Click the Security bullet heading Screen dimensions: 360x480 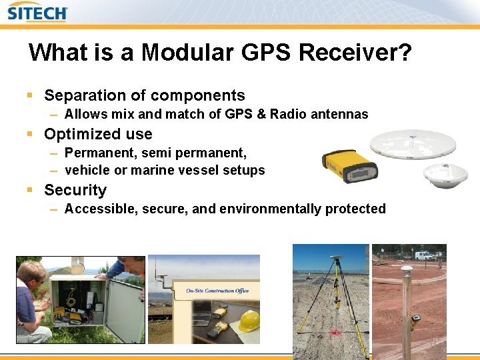[x=75, y=190]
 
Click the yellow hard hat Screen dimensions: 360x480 [x=249, y=321]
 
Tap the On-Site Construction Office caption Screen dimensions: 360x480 [x=217, y=291]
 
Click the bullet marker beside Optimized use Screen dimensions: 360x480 [x=30, y=134]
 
